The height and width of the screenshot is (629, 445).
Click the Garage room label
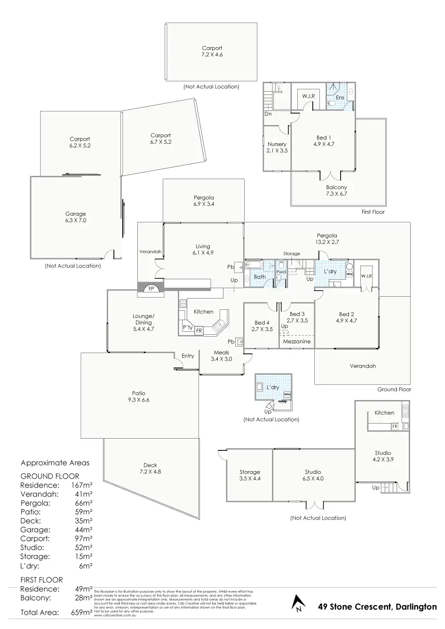point(75,217)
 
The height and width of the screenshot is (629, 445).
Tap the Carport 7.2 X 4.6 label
point(212,51)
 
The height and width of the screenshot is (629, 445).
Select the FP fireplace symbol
point(151,289)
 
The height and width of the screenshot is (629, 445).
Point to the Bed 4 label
point(262,326)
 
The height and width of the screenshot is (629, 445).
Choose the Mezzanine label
point(297,341)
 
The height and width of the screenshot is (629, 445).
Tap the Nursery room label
point(277,147)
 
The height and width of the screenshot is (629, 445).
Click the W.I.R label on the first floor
point(309,96)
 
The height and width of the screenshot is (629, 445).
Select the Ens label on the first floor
point(340,98)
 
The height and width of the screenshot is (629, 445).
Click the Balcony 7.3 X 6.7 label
point(336,190)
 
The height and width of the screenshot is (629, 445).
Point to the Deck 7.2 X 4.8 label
point(150,468)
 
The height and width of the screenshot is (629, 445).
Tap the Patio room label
point(139,396)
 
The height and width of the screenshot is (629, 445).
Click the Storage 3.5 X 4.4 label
point(249,475)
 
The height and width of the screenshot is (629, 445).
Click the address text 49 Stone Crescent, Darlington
point(377,606)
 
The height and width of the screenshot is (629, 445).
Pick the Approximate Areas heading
point(55,463)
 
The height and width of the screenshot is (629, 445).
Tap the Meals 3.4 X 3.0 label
point(222,355)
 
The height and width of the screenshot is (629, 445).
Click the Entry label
point(188,356)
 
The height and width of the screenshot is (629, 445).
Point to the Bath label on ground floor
point(260,277)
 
